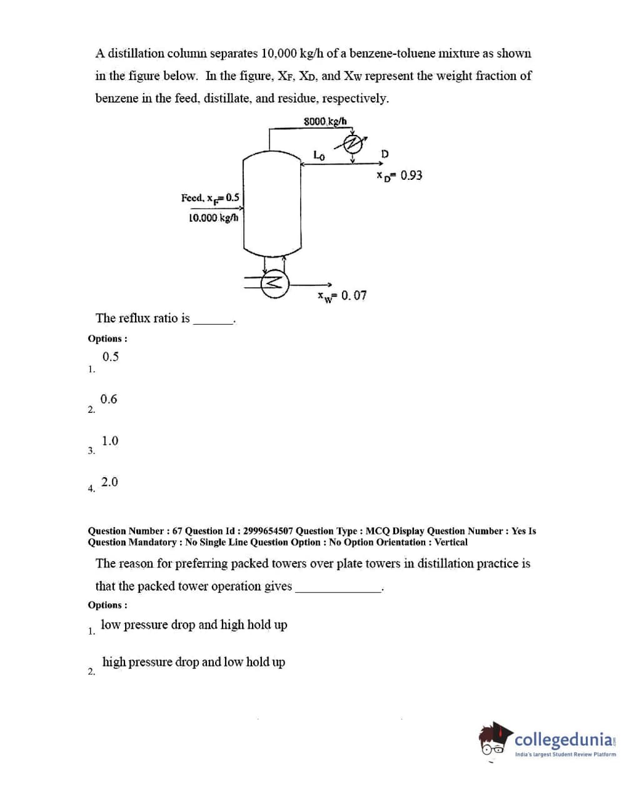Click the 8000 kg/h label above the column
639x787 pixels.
pos(325,121)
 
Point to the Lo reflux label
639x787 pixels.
pos(319,155)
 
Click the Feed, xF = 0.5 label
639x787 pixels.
pos(210,198)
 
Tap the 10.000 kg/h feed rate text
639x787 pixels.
pos(213,217)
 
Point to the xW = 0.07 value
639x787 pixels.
pos(342,295)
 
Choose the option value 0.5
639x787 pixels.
pos(111,357)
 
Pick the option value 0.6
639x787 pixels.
pos(109,399)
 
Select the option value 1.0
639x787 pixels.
pos(110,441)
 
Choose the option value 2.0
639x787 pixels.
pos(109,482)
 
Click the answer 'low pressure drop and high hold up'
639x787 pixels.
pos(194,625)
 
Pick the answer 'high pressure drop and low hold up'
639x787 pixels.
pos(193,662)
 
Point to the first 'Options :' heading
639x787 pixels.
pos(108,339)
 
